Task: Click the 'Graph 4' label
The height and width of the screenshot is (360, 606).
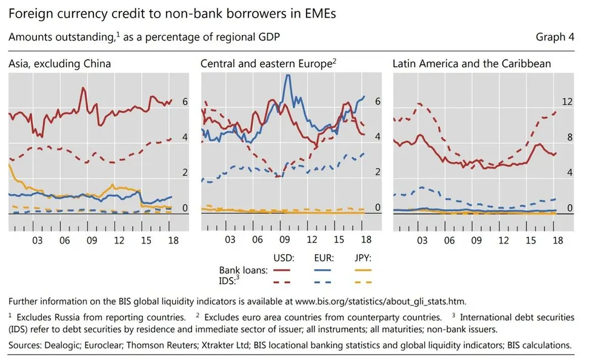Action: tap(554, 38)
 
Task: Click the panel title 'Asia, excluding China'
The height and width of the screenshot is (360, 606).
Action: tap(59, 63)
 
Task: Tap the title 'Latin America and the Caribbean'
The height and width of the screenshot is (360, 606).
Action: tap(471, 63)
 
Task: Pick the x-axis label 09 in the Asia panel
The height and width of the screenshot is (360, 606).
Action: tap(92, 241)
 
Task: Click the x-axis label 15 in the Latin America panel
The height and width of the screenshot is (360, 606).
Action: tap(530, 241)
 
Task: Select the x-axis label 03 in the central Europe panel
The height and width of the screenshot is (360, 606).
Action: tap(230, 241)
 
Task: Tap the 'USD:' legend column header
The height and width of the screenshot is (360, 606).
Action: tap(284, 258)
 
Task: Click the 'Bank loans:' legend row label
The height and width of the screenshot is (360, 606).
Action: tap(243, 270)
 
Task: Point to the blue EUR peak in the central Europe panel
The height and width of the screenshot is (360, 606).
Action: tap(288, 76)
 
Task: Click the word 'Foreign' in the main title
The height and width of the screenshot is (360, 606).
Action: tap(28, 12)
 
